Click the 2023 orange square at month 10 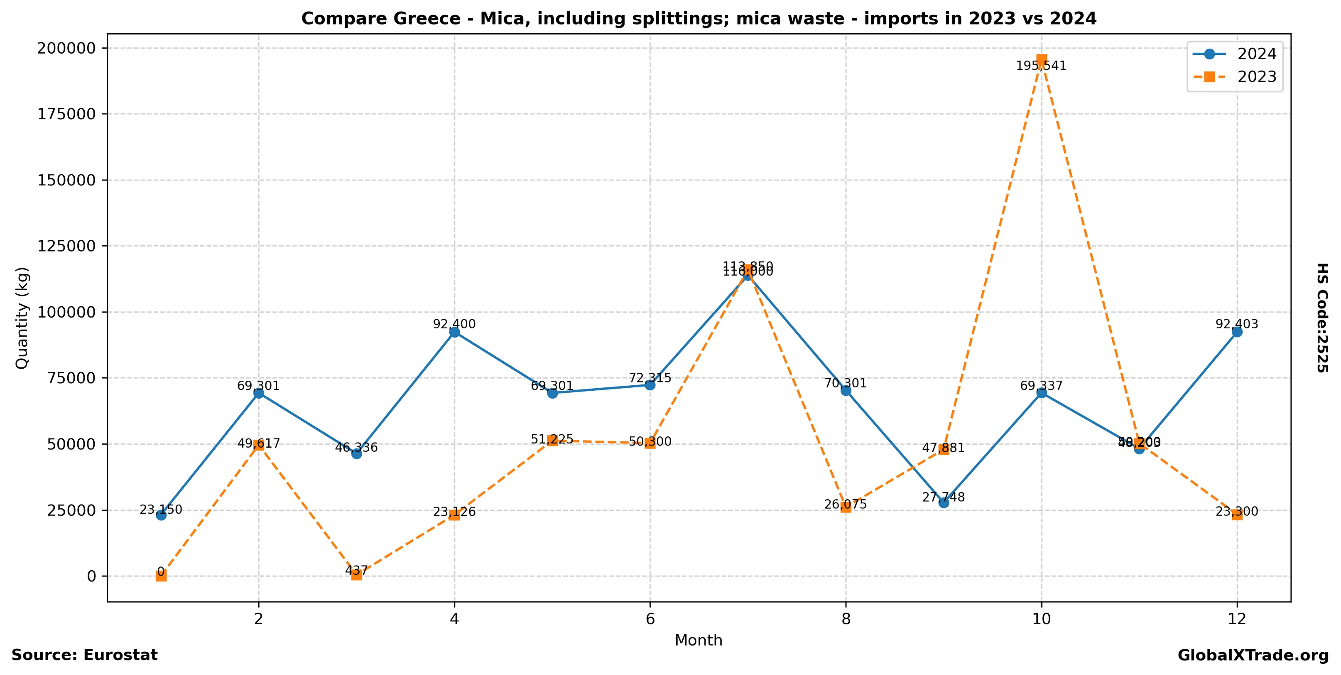(1041, 60)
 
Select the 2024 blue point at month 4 (454, 332)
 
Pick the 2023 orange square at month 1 (161, 576)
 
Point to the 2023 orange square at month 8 (846, 507)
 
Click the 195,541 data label (1041, 66)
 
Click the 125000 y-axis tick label (66, 246)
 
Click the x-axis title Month (698, 640)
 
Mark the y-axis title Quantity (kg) (22, 318)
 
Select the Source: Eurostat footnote (84, 655)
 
